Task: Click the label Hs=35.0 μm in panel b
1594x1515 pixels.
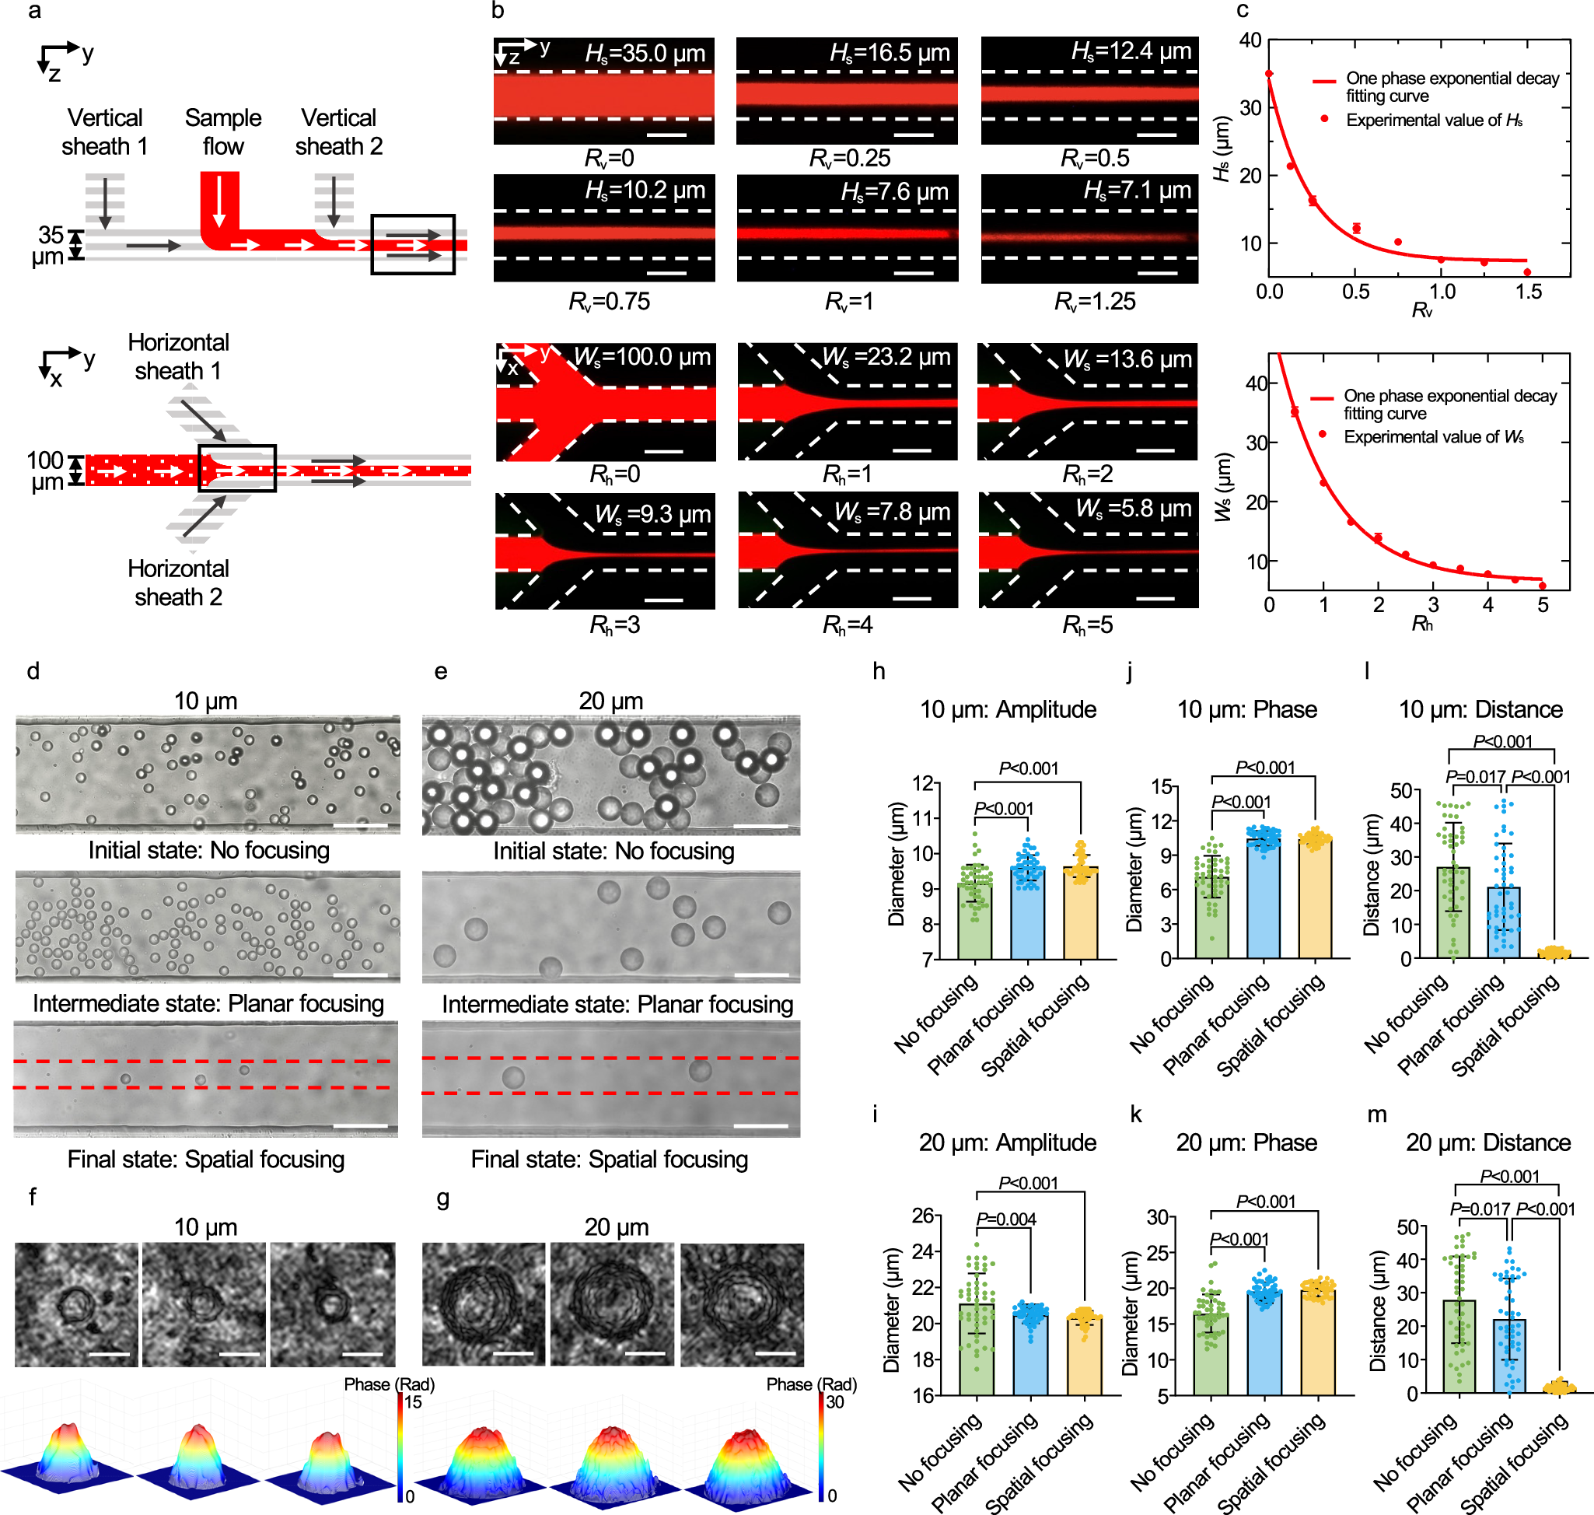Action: [645, 54]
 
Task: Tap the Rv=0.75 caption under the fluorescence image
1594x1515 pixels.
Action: [609, 301]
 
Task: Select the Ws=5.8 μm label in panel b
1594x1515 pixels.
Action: [1133, 509]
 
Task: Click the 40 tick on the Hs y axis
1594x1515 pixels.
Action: [1250, 40]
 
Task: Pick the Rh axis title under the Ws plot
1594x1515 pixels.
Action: [1422, 625]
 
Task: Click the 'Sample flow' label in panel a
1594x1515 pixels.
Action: [223, 131]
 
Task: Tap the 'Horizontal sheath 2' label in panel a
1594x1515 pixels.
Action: [179, 583]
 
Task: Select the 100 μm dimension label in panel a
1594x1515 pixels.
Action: [45, 471]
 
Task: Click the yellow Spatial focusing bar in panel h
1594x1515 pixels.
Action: [1079, 912]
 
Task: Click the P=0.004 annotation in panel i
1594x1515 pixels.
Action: [1005, 1219]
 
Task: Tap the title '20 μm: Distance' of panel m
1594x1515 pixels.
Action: [1487, 1142]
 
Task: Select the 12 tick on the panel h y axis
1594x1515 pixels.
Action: [922, 783]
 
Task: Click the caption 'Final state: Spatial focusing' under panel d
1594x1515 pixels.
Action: [206, 1160]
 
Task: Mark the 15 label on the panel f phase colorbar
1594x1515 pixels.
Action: [414, 1402]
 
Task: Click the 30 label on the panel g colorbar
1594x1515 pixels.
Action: [834, 1402]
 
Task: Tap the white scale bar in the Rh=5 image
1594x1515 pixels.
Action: [1155, 598]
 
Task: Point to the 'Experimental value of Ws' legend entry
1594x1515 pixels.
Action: [1432, 437]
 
